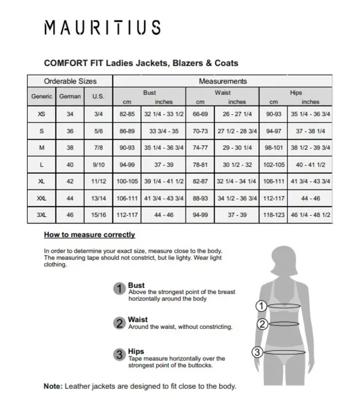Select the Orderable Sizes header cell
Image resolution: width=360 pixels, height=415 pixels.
coord(70,81)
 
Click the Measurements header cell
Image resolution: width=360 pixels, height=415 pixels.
coord(223,81)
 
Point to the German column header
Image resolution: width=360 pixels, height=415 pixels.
coord(70,96)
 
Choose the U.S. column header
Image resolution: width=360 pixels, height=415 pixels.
coord(98,96)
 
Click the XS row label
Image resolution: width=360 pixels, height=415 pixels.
coord(42,114)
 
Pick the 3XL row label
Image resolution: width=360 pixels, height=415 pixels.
coord(42,214)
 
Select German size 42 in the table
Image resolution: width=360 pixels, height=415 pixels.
coord(70,181)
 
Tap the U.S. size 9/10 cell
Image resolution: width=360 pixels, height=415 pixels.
coord(98,164)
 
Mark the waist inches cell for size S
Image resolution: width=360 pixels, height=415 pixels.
coord(237,131)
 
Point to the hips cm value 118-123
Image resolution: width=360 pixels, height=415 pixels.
coord(273,214)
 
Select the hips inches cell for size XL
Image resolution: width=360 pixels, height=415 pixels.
coord(310,181)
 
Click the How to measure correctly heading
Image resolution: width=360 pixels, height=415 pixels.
coord(89,235)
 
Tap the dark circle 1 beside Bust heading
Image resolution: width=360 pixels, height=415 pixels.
coord(119,288)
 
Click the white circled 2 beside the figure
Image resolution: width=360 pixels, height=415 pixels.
coord(263,324)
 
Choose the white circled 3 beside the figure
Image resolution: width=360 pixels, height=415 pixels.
coord(257,351)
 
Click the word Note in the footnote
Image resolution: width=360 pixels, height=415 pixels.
coord(53,386)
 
